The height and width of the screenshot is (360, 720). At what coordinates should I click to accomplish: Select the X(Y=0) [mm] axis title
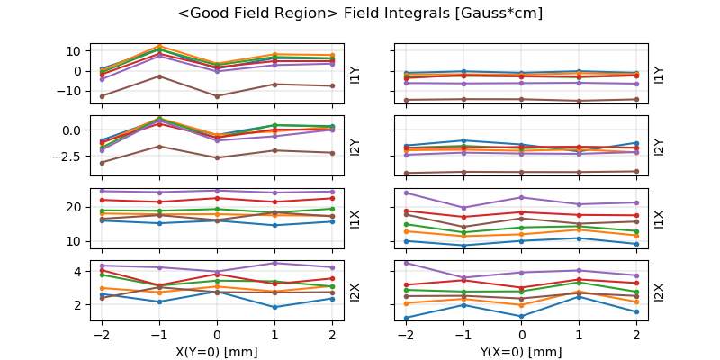click(x=217, y=352)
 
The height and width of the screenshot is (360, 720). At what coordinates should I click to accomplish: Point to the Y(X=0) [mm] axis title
click(x=522, y=352)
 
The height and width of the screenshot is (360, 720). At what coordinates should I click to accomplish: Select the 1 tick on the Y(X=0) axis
click(x=580, y=334)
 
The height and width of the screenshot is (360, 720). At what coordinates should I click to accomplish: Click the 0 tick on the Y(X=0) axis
click(x=522, y=334)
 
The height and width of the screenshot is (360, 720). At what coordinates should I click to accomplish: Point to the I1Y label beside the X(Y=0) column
click(x=355, y=74)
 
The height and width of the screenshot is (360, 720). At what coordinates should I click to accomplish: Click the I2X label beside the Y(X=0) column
click(x=660, y=292)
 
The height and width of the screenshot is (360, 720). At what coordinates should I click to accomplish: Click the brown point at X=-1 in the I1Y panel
click(x=159, y=76)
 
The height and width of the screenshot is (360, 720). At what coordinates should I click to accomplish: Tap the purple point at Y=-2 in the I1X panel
click(x=407, y=193)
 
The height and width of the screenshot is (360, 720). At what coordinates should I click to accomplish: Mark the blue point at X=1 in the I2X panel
click(x=274, y=307)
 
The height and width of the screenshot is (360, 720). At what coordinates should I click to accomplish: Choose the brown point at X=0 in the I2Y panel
click(x=217, y=157)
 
